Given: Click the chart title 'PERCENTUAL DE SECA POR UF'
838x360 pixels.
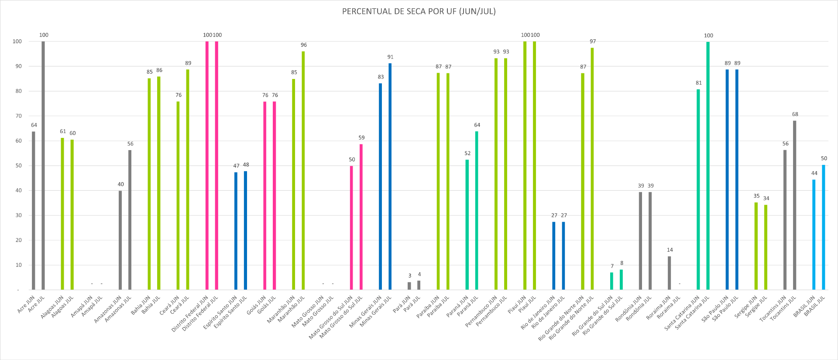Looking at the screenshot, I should click(x=419, y=11).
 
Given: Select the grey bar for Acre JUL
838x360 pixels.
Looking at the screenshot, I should click(x=43, y=166).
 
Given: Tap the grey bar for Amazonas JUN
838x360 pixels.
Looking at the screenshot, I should click(x=120, y=240).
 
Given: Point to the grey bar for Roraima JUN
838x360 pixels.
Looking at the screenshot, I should click(x=670, y=273).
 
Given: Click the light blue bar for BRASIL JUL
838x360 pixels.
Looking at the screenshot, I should click(x=824, y=227).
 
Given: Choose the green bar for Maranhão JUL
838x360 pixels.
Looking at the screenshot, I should click(x=303, y=170).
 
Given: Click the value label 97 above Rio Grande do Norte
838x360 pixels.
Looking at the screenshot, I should click(x=593, y=41).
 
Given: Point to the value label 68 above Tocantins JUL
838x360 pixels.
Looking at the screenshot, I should click(x=795, y=114).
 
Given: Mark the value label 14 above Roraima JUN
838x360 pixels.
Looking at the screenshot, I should click(x=670, y=250).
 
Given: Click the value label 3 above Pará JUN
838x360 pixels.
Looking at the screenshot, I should click(x=409, y=276).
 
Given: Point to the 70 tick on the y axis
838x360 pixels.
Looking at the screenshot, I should click(x=18, y=116).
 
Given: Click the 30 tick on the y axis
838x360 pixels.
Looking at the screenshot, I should click(x=18, y=215).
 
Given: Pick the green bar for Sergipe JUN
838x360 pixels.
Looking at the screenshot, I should click(x=756, y=246).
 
